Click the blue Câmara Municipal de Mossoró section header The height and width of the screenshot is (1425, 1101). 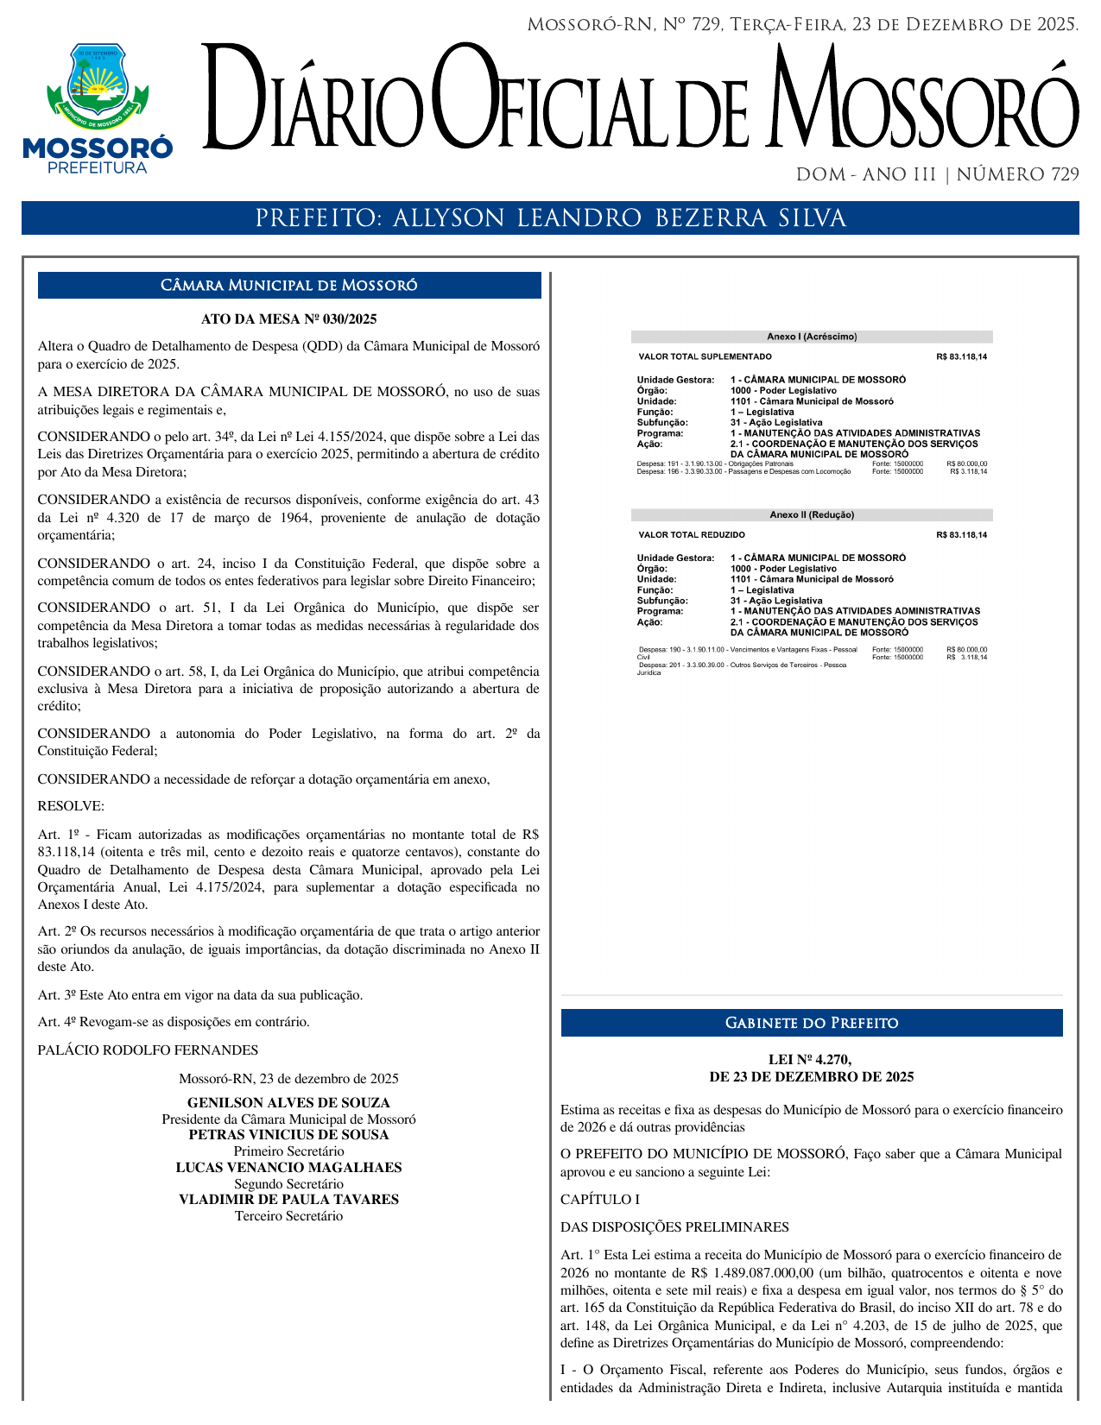point(289,286)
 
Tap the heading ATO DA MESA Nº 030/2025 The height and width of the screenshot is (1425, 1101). point(289,319)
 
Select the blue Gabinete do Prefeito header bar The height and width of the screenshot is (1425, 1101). point(812,1024)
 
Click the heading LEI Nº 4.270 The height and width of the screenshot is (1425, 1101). point(811,1060)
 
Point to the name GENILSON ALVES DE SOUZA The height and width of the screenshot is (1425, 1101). point(288,1103)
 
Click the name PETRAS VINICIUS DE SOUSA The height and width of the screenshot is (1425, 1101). point(288,1135)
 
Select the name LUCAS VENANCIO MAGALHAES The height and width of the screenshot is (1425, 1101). point(288,1168)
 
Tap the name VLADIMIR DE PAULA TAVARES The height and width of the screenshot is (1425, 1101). point(288,1200)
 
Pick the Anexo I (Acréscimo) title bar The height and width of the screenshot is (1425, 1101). point(812,337)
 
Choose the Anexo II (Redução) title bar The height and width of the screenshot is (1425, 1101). point(812,515)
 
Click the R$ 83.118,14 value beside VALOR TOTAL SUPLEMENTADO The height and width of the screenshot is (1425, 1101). point(961,357)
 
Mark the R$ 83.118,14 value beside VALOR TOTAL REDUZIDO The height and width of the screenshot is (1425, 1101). point(961,535)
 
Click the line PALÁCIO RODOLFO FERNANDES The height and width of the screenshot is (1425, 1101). point(148,1050)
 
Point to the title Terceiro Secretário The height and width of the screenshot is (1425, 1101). point(288,1216)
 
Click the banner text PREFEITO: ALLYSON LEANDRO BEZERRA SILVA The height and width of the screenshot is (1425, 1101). point(550,218)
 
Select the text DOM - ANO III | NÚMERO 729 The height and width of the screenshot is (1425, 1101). point(937,175)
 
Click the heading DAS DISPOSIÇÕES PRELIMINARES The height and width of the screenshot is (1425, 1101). point(674,1227)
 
